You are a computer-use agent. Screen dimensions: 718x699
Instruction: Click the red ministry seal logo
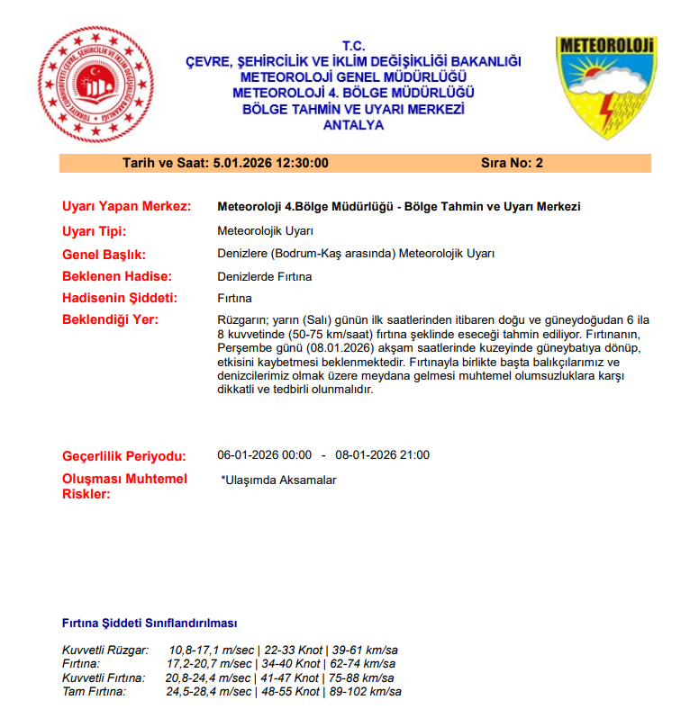pyautogui.click(x=93, y=84)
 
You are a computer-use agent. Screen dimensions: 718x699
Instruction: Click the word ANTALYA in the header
pyautogui.click(x=353, y=125)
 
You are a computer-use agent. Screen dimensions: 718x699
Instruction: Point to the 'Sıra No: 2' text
pyautogui.click(x=513, y=163)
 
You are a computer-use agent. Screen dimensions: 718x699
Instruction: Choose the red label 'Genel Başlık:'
pyautogui.click(x=104, y=254)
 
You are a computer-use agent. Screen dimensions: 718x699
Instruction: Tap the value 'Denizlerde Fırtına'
pyautogui.click(x=266, y=276)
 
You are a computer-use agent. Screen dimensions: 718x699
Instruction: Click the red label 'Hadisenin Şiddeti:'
pyautogui.click(x=120, y=298)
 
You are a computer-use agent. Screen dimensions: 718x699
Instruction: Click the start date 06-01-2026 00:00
pyautogui.click(x=265, y=454)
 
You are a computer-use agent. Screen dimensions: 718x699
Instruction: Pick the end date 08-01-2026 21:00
pyautogui.click(x=383, y=454)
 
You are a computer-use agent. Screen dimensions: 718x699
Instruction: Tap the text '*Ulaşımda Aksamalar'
pyautogui.click(x=278, y=480)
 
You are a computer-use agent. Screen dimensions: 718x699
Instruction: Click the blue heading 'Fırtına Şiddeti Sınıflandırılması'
pyautogui.click(x=150, y=623)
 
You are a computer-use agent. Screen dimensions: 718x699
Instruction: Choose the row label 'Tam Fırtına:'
pyautogui.click(x=95, y=691)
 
